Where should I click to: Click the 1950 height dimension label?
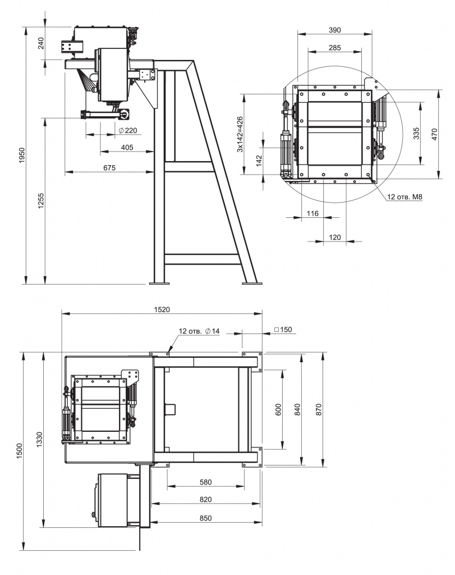click(22, 155)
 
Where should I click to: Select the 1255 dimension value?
click(40, 201)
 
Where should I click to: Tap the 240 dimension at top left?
click(40, 43)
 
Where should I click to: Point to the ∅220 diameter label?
click(127, 130)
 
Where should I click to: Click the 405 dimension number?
click(127, 148)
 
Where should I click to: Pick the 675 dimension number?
click(109, 167)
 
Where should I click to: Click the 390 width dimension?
click(334, 30)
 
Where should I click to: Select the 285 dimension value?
click(334, 48)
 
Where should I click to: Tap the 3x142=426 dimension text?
click(240, 134)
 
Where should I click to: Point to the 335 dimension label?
click(416, 134)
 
